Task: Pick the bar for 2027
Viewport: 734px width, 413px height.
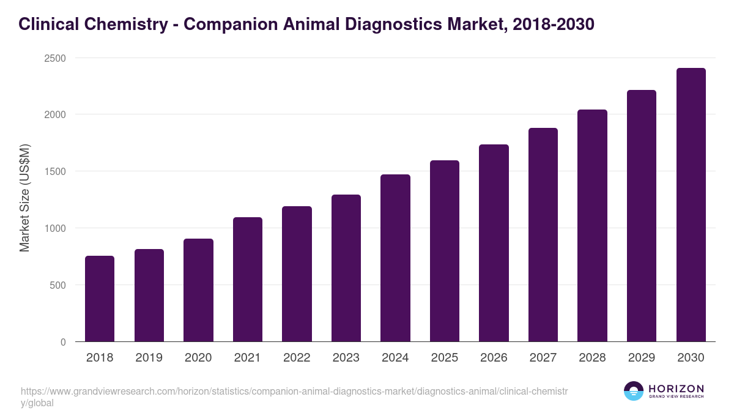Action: point(543,235)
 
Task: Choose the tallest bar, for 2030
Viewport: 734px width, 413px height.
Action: point(691,205)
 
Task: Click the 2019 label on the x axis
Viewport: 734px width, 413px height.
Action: point(149,358)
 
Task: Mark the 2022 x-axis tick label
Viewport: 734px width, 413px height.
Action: point(297,358)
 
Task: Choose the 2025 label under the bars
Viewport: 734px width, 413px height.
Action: point(444,358)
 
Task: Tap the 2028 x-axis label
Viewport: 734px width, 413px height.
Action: point(592,358)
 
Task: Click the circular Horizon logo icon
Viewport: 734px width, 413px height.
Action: point(633,391)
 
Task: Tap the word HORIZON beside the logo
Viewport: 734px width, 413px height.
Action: point(676,389)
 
